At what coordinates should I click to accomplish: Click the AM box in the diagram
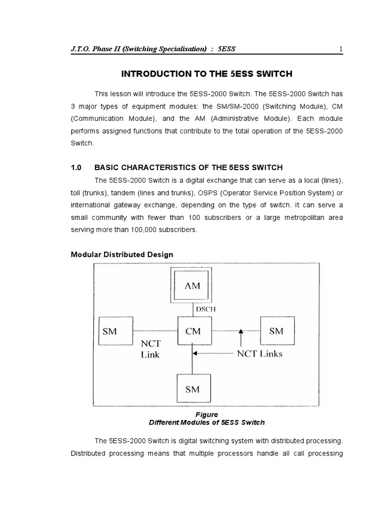tap(192, 285)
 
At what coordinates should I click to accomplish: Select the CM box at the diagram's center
tap(192, 331)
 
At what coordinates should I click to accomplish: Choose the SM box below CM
tap(192, 389)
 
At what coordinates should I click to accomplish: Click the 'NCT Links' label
tap(260, 354)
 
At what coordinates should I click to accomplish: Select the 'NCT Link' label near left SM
tap(150, 349)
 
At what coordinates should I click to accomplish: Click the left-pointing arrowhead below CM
tap(196, 354)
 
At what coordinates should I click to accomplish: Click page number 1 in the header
tap(341, 49)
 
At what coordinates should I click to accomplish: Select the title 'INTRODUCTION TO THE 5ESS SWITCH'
tap(207, 74)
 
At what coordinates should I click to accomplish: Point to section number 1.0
tap(76, 168)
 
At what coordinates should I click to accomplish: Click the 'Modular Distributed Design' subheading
tap(121, 254)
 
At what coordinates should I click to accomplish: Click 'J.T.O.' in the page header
tap(81, 49)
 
